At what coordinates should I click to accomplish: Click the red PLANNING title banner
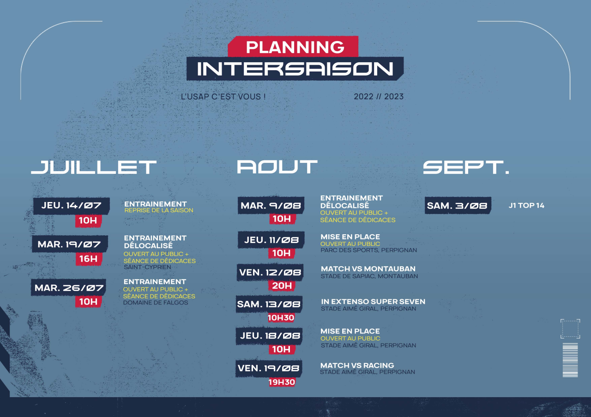(293, 47)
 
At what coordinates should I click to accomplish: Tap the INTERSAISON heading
(295, 69)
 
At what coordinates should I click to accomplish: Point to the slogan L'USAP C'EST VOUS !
(223, 96)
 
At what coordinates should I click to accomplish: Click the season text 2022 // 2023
(379, 96)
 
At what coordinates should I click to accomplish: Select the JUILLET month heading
(94, 167)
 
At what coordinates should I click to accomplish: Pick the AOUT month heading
(277, 167)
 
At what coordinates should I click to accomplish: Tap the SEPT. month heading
(466, 167)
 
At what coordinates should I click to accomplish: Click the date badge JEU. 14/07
(72, 206)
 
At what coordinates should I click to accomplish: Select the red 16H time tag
(89, 259)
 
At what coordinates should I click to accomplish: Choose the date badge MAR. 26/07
(69, 287)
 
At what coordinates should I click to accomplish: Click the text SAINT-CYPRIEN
(147, 267)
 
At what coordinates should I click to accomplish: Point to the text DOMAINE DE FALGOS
(156, 303)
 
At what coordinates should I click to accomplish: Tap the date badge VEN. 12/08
(270, 272)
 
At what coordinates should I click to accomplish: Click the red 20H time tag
(282, 286)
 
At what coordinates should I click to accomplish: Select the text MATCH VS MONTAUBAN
(368, 269)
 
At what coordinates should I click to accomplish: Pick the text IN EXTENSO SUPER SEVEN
(373, 302)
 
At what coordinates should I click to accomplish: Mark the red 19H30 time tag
(282, 382)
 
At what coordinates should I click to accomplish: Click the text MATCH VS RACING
(357, 365)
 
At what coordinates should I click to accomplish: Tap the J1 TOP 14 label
(526, 206)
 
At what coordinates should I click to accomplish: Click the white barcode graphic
(570, 360)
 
